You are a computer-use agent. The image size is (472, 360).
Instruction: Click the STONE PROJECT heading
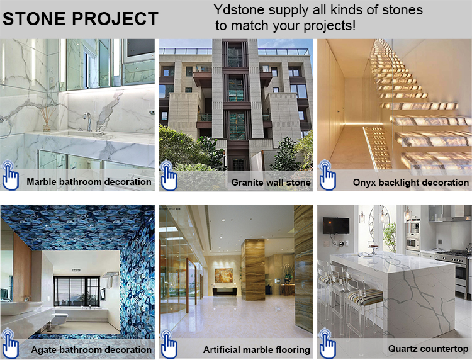point(81,19)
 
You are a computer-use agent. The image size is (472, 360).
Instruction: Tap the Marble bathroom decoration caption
point(89,182)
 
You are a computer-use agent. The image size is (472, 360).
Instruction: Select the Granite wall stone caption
point(271,183)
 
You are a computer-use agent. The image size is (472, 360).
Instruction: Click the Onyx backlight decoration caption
point(410,183)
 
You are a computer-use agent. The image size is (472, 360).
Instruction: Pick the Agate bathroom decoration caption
point(91,350)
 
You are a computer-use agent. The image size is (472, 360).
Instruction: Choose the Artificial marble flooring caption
point(257,350)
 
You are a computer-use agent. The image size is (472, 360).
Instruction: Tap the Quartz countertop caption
point(428,349)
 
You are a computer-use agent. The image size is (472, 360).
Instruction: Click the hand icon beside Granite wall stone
point(169,176)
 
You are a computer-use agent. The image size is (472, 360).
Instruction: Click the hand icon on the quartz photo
point(327,344)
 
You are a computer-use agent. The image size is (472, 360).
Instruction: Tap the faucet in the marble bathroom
point(87,121)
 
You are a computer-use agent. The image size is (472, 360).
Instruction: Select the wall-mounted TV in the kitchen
point(336,226)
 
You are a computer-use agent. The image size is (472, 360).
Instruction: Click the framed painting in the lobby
point(223,276)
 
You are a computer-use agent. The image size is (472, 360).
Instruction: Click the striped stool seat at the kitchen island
point(365,297)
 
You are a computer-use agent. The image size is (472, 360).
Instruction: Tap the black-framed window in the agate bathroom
point(76,291)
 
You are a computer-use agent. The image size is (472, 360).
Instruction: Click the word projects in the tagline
point(329,26)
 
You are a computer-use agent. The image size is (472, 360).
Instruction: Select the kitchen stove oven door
point(461,275)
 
